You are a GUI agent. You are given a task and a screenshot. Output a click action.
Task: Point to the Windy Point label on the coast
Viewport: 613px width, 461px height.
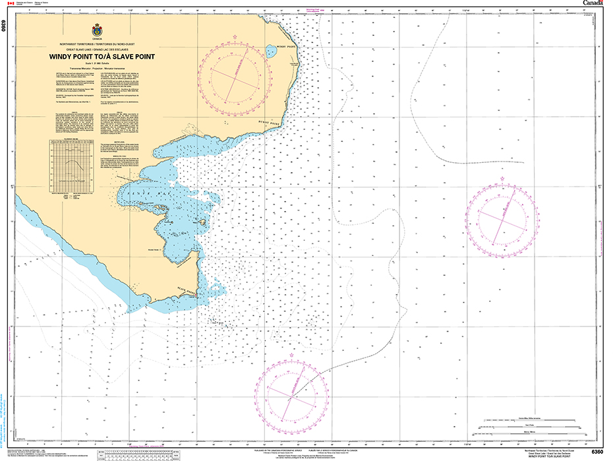tap(285, 47)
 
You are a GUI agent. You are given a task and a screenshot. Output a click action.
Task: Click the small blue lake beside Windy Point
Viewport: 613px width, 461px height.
tap(270, 51)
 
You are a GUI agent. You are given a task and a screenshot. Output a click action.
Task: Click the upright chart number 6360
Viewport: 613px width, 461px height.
tap(597, 451)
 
